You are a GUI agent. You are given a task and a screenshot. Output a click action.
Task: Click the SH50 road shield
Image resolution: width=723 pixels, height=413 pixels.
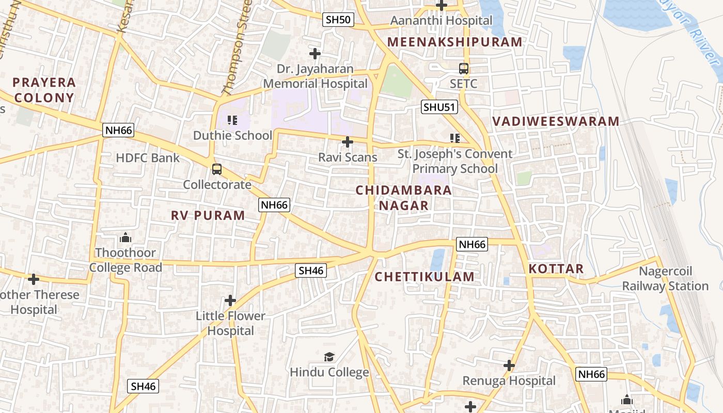pos(339,20)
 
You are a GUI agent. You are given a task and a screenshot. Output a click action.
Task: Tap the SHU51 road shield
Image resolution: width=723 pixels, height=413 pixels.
pos(439,107)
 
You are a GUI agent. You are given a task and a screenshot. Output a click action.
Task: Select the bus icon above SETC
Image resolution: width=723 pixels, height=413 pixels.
pos(464,69)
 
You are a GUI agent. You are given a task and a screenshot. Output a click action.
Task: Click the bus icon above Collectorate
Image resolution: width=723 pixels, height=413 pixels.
pos(217,169)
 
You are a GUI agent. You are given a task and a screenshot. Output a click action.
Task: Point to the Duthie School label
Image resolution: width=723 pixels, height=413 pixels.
pos(232,136)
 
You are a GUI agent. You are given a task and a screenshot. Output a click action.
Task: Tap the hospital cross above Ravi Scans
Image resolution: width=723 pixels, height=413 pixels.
pos(348,142)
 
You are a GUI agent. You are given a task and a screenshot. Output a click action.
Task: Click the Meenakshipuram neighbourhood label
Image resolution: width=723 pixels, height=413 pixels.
pos(455,42)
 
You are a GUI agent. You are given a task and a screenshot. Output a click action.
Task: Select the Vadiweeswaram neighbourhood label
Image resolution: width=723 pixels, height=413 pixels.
pos(556,122)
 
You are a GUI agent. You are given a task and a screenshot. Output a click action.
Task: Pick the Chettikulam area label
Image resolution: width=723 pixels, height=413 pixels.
pos(425,277)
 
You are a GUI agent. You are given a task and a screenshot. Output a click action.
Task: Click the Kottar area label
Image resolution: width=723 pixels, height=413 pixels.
pos(556,269)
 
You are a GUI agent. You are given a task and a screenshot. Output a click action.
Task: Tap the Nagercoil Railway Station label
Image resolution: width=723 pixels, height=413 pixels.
pos(665,279)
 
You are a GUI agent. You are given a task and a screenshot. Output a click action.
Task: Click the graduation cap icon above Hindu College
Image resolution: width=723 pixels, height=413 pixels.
pos(329,357)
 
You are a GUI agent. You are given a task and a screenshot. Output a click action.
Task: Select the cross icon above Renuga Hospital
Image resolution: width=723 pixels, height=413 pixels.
pos(509,366)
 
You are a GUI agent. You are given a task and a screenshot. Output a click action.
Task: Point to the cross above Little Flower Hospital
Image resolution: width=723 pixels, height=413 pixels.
pos(230,300)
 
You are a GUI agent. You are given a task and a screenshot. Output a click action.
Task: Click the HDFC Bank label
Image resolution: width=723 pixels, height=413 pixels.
pos(148,158)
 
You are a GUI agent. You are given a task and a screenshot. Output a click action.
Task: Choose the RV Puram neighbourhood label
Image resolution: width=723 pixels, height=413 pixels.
pos(208,216)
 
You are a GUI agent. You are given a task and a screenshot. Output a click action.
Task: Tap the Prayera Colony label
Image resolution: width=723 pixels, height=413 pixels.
pos(44,90)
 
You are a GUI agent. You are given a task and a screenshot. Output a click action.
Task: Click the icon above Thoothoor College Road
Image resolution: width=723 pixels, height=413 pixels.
pos(125,238)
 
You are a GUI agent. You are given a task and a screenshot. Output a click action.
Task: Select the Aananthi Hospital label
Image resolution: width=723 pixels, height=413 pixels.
pos(441,21)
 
